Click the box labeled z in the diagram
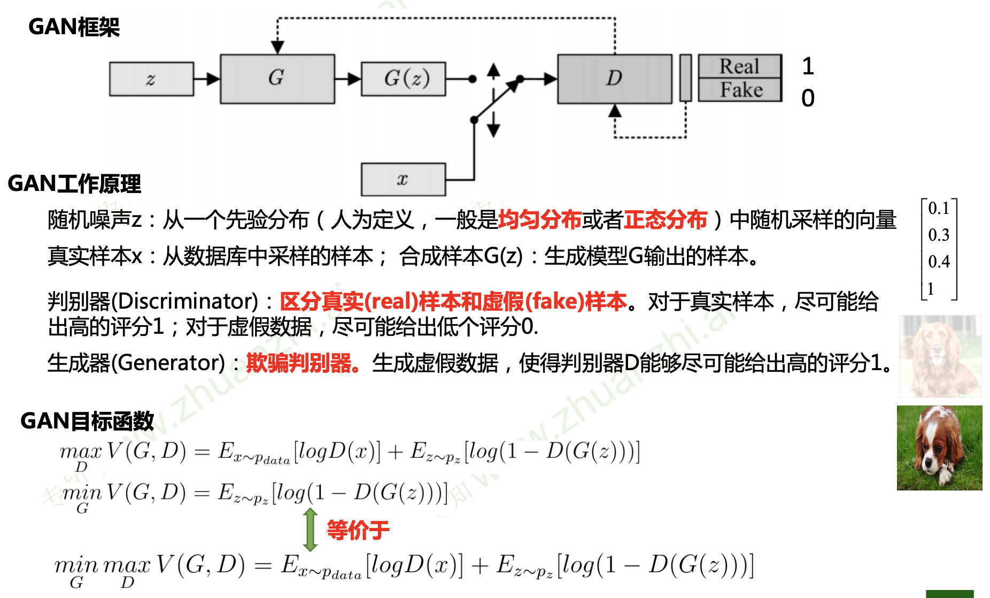pyautogui.click(x=151, y=79)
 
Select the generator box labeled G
pyautogui.click(x=277, y=79)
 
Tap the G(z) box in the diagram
pyautogui.click(x=404, y=79)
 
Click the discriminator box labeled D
pyautogui.click(x=614, y=79)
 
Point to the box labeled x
pyautogui.click(x=403, y=180)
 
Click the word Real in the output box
pyautogui.click(x=739, y=67)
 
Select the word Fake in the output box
pyautogui.click(x=741, y=90)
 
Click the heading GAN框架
pyautogui.click(x=74, y=27)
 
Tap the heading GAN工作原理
pyautogui.click(x=74, y=184)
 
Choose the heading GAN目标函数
pyautogui.click(x=87, y=421)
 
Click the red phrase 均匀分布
pyautogui.click(x=539, y=220)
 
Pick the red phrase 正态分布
pyautogui.click(x=666, y=220)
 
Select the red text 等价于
pyautogui.click(x=358, y=531)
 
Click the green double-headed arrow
pyautogui.click(x=310, y=530)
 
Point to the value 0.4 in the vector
pyautogui.click(x=939, y=262)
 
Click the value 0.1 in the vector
pyautogui.click(x=939, y=208)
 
